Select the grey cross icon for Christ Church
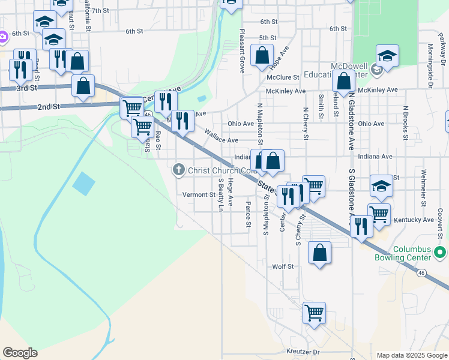click(x=178, y=170)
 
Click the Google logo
click(x=20, y=353)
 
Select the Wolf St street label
click(x=283, y=266)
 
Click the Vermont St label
click(x=199, y=194)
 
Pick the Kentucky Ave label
click(x=413, y=220)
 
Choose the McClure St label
click(x=283, y=77)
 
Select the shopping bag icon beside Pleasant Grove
click(x=262, y=56)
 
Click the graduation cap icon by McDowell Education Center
click(x=387, y=56)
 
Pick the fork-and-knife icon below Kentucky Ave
click(x=361, y=227)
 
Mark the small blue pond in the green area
click(x=83, y=183)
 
